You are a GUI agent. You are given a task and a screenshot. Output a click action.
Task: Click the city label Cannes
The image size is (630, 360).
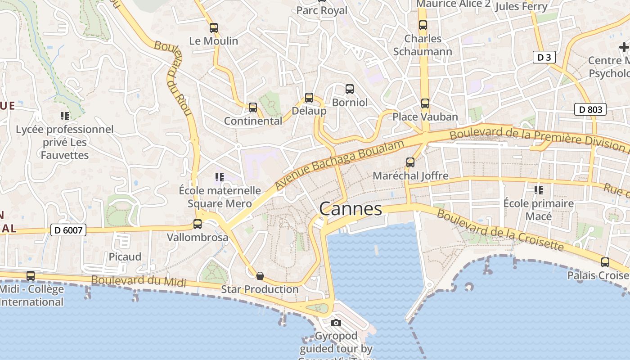point(351,209)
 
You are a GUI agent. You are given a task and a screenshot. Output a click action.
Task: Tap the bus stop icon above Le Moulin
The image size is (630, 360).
point(214,28)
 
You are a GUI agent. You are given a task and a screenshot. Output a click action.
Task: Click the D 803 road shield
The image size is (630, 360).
point(590,109)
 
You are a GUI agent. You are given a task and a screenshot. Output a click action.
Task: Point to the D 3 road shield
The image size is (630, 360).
point(544,57)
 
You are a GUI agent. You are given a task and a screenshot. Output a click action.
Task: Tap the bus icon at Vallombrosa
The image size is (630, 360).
point(198,224)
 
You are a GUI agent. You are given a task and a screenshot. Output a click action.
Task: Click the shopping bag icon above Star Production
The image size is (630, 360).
point(260,275)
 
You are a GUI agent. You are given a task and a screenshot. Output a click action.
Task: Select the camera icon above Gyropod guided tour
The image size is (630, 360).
point(336,323)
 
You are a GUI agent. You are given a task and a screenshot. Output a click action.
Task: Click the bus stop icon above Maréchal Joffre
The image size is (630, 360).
point(410,162)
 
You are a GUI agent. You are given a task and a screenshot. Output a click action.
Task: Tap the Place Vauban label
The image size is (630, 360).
point(425,117)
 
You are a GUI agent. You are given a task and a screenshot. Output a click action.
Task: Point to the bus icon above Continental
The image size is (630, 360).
point(253,108)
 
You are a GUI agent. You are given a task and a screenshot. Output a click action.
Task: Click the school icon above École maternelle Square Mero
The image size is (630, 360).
point(219,177)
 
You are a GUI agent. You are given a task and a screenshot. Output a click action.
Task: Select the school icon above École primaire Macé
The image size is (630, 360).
point(538,190)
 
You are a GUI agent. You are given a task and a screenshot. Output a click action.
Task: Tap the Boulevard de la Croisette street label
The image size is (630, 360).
point(500,230)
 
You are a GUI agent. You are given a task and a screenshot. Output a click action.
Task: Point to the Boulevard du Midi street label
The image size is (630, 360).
point(139,281)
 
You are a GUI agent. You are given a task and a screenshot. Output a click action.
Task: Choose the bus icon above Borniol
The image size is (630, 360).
point(350,89)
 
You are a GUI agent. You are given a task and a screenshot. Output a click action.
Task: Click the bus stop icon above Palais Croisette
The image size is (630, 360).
point(605,262)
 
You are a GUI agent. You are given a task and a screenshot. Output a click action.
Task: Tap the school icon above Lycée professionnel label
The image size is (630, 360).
point(65,116)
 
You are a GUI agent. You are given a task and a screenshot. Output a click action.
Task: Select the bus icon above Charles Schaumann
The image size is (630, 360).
point(423,25)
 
